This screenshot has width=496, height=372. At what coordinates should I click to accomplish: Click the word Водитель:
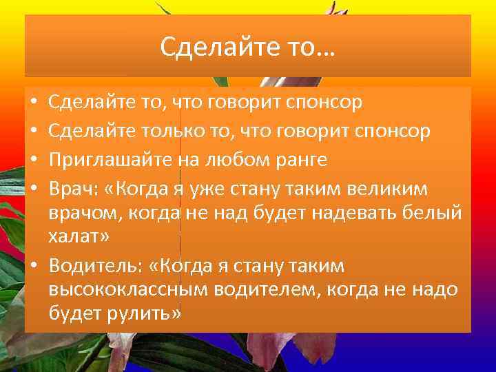(x=94, y=266)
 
